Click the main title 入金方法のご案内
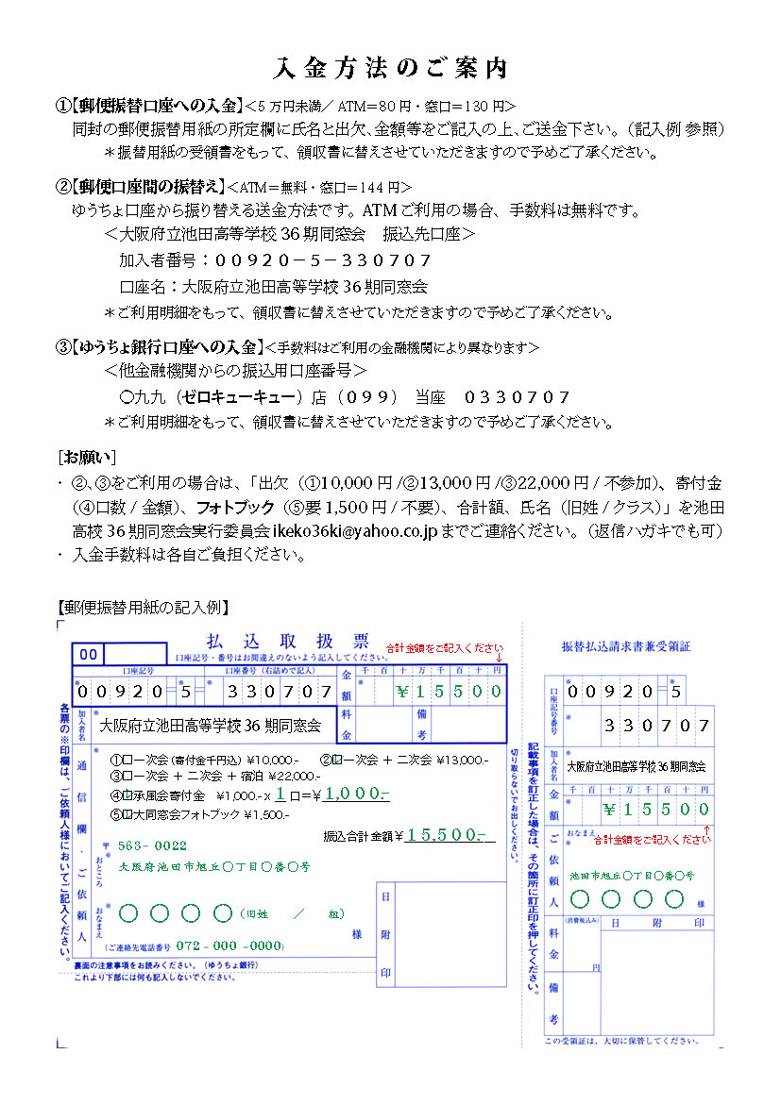pyautogui.click(x=390, y=67)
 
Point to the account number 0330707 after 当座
pyautogui.click(x=517, y=397)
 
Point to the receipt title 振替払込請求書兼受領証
pyautogui.click(x=626, y=646)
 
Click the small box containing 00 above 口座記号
pyautogui.click(x=88, y=654)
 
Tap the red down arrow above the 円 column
pyautogui.click(x=500, y=658)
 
